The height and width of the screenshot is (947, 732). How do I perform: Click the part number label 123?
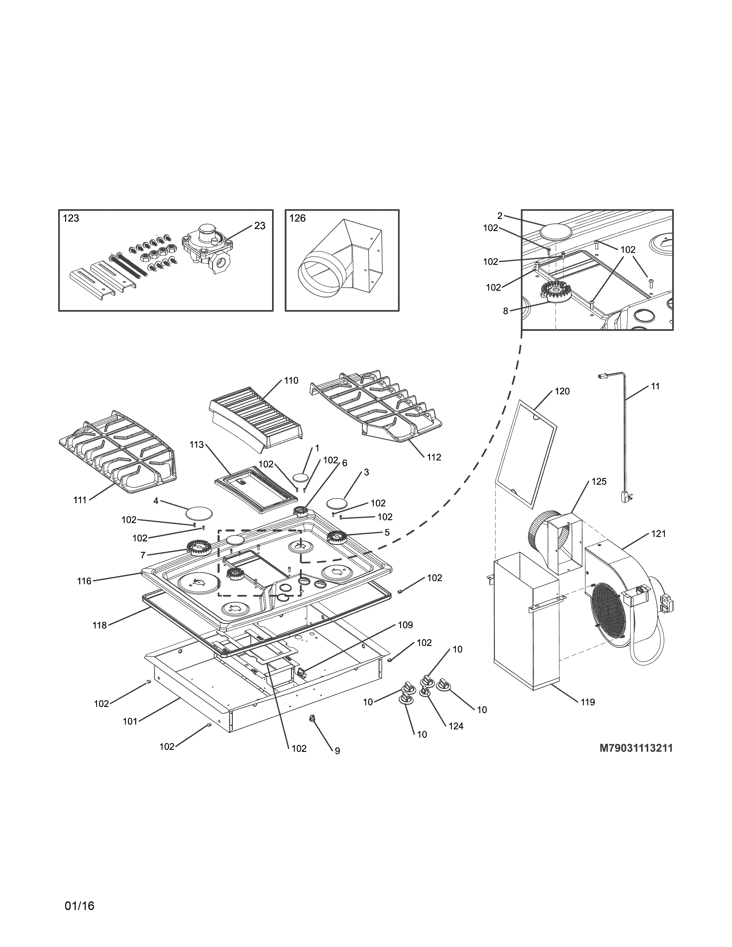click(x=71, y=218)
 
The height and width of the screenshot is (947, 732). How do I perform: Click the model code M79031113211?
click(x=636, y=748)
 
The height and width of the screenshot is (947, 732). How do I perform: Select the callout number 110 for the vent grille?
click(x=291, y=381)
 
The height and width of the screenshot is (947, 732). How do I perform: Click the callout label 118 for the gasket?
click(x=99, y=625)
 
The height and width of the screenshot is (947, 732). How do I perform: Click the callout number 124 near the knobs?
click(x=456, y=726)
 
